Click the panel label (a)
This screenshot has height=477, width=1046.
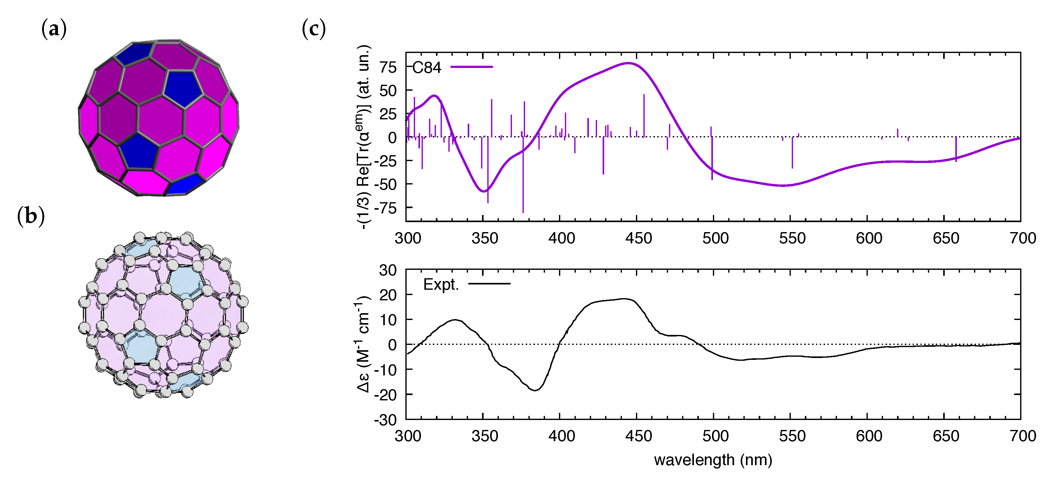54,29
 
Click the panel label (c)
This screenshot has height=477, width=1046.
314,29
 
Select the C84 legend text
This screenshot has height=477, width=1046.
426,67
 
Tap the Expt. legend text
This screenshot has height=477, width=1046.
441,284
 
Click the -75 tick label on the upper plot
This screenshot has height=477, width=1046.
385,208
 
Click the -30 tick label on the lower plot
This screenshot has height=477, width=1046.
385,420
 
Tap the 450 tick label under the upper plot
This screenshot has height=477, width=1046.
638,238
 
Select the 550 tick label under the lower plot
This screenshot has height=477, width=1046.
792,436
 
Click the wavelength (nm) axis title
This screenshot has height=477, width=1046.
713,460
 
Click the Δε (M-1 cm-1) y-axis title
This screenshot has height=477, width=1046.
363,344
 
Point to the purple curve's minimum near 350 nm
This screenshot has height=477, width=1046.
484,191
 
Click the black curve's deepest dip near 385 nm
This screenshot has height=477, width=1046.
536,390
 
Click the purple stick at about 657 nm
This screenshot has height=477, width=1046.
956,150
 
